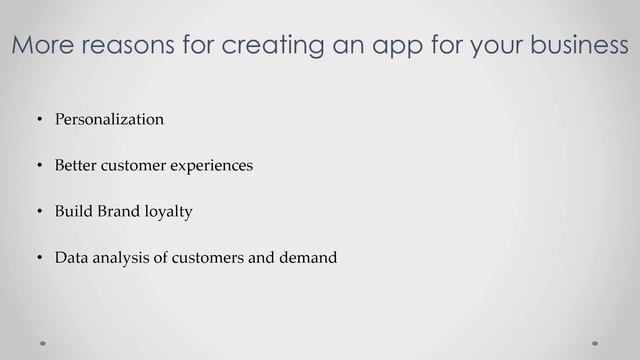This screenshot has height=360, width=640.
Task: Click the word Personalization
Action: pos(109,120)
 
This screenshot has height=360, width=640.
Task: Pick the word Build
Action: pos(73,212)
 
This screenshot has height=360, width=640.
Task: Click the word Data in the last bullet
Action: pos(71,258)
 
